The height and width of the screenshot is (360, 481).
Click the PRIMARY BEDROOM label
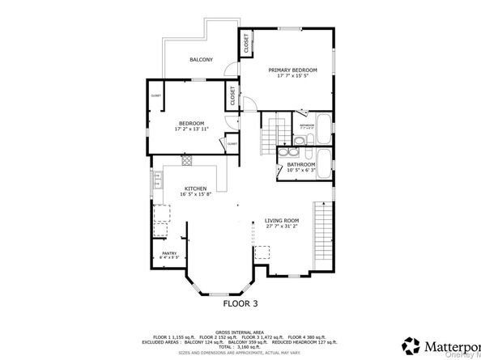click(x=292, y=70)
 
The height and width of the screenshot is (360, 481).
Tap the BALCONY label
click(x=201, y=60)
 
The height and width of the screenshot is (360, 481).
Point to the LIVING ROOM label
click(x=282, y=220)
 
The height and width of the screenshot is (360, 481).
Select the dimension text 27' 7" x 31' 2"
click(x=282, y=227)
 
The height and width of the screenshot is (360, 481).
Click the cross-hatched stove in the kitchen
click(x=185, y=161)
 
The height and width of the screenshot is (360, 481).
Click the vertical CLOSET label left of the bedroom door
click(x=232, y=96)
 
